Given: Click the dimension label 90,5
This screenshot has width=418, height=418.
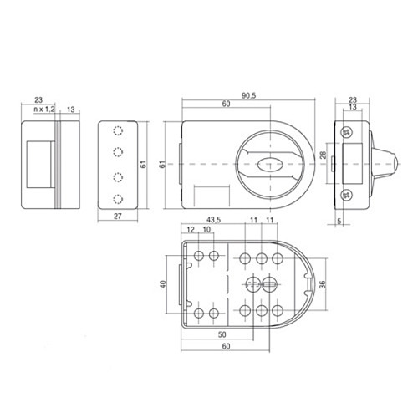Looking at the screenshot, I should pos(248,95).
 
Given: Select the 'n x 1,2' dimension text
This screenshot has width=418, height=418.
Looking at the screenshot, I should pos(43,109).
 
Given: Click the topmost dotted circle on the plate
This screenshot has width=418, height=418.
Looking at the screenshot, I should pos(119,130).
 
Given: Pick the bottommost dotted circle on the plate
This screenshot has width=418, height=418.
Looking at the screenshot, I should pos(119,198).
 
